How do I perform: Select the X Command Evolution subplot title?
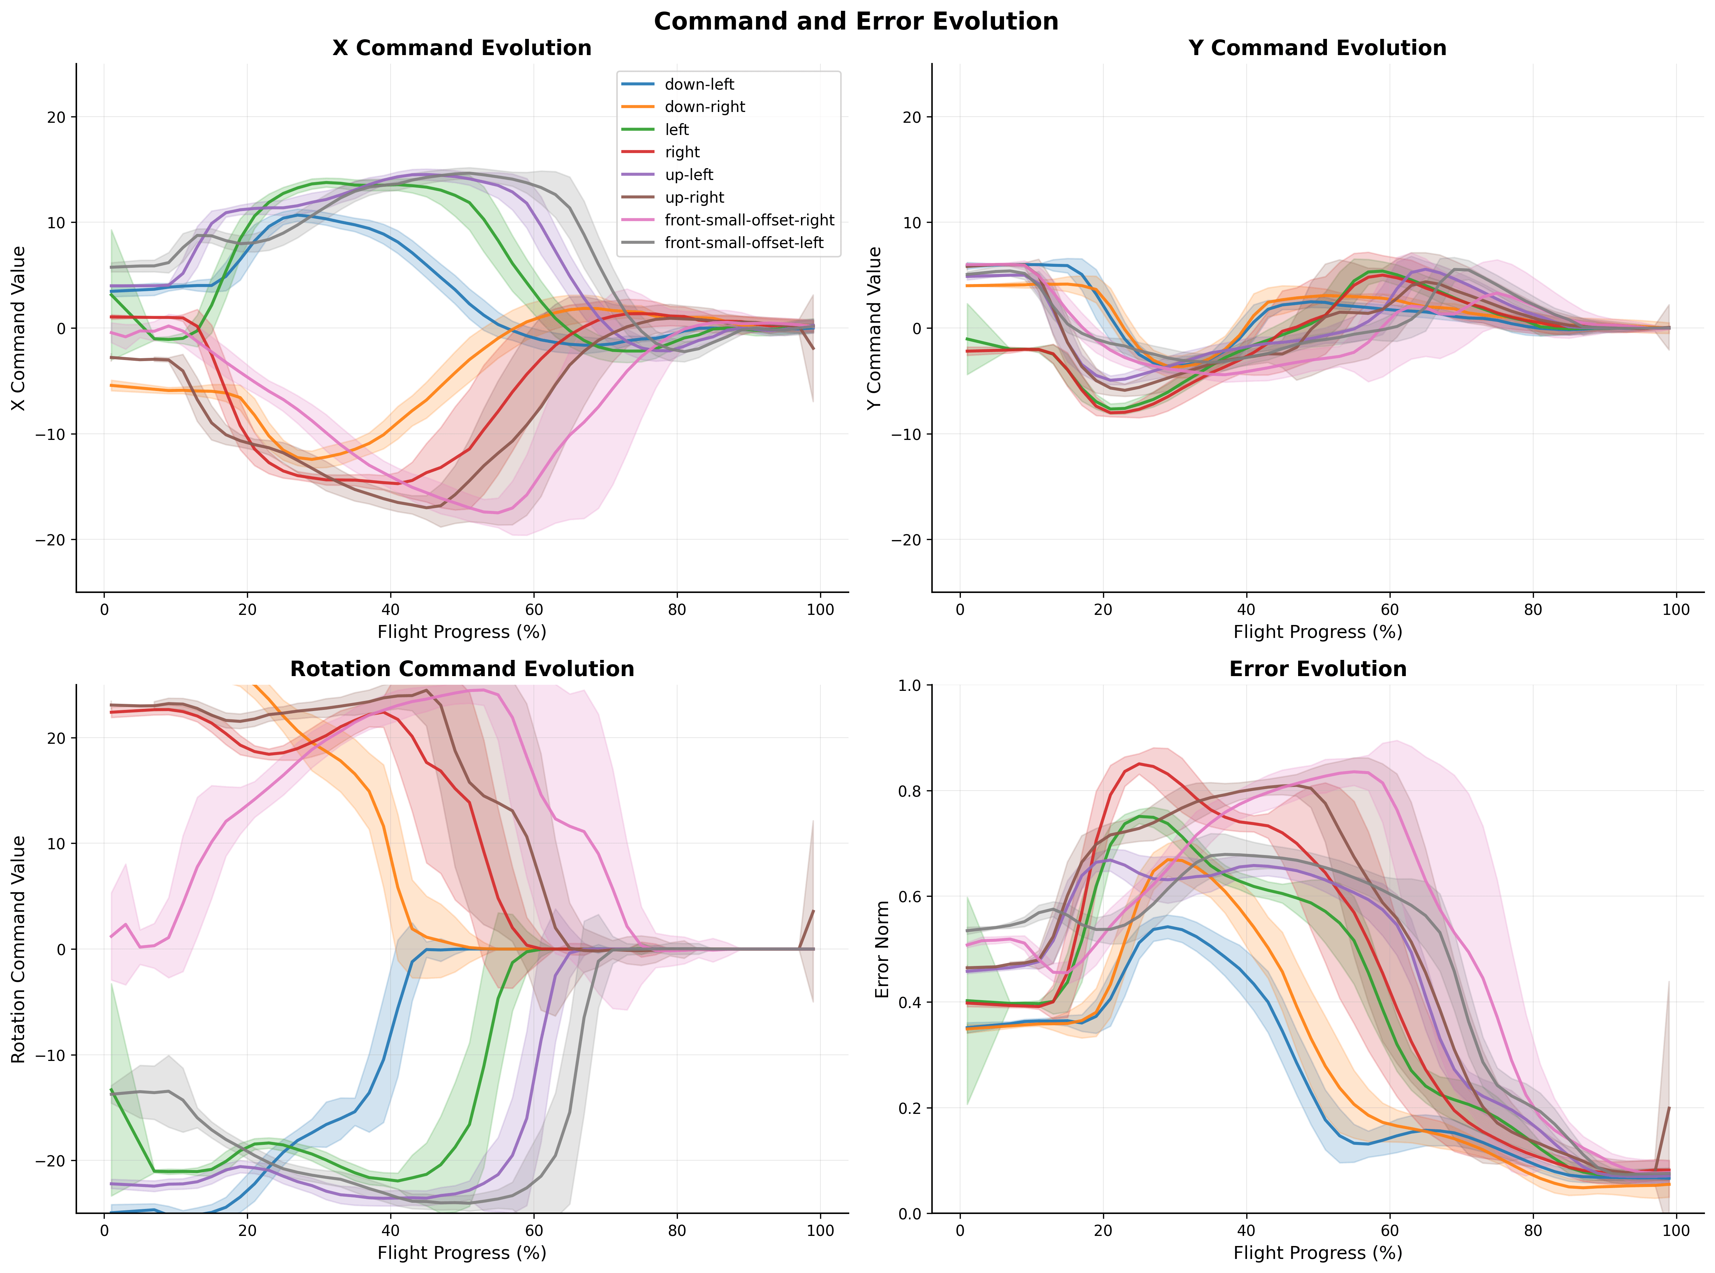(462, 48)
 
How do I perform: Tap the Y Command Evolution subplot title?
(1318, 48)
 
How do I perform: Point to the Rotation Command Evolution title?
(462, 669)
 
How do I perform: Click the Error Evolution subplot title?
(1318, 669)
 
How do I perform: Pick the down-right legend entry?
(704, 107)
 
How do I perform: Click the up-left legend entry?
(689, 175)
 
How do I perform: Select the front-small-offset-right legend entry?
(749, 220)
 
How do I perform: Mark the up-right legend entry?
(694, 197)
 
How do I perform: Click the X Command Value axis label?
(18, 328)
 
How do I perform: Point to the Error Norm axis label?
(882, 949)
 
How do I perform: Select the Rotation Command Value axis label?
(18, 949)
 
